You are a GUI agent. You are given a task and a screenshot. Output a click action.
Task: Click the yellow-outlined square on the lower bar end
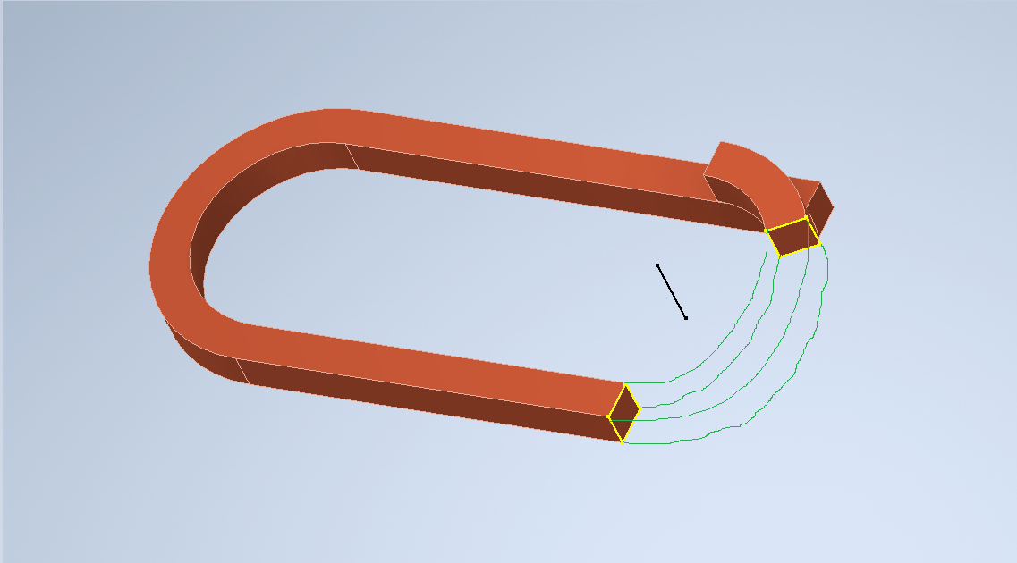point(624,413)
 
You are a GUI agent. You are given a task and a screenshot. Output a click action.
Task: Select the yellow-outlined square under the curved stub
point(792,237)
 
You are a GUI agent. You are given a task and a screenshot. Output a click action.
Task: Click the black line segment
point(672,291)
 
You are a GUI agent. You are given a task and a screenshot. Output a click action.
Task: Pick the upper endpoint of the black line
point(657,265)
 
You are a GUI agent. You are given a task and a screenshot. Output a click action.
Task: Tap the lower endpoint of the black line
point(686,318)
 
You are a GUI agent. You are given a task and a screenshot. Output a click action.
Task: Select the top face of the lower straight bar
point(429,357)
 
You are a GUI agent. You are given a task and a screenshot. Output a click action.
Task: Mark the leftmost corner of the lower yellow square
point(609,416)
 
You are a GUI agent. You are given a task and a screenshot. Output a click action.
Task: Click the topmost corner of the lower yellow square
point(624,384)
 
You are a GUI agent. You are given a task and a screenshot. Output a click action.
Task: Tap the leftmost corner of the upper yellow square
point(767,231)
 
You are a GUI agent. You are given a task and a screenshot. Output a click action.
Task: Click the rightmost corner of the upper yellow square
point(819,244)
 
